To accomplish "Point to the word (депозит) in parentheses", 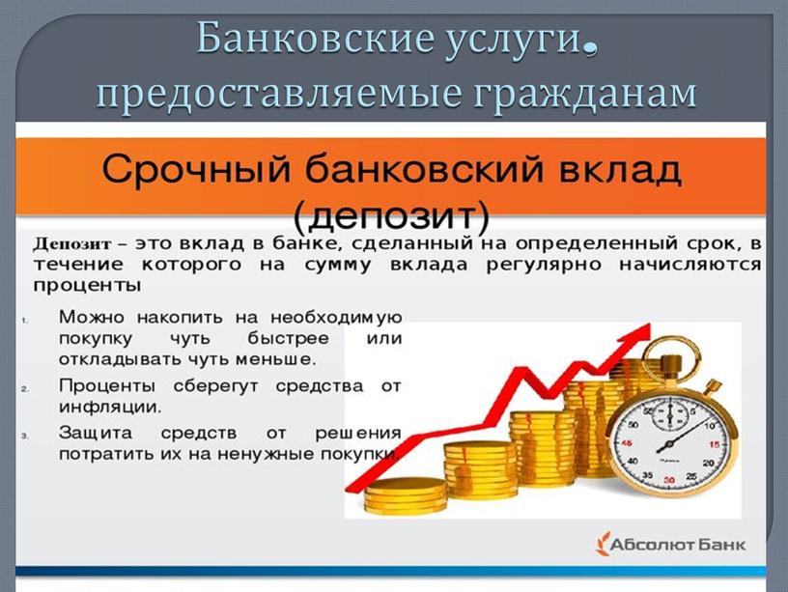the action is [391, 216].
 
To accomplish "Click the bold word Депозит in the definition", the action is [71, 244].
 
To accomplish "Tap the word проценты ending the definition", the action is [87, 286].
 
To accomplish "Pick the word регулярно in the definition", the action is [544, 265].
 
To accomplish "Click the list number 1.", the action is [25, 320].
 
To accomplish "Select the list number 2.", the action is [25, 389].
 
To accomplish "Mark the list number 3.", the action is [25, 436].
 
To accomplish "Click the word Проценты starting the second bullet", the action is [107, 386].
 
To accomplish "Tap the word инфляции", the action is [110, 407].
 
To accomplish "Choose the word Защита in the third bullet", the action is [96, 434].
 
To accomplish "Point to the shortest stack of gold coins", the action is [405, 496].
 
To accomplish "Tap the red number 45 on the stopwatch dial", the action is [626, 443].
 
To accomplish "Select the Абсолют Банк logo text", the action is [678, 545].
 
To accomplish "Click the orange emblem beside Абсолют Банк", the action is [602, 544].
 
